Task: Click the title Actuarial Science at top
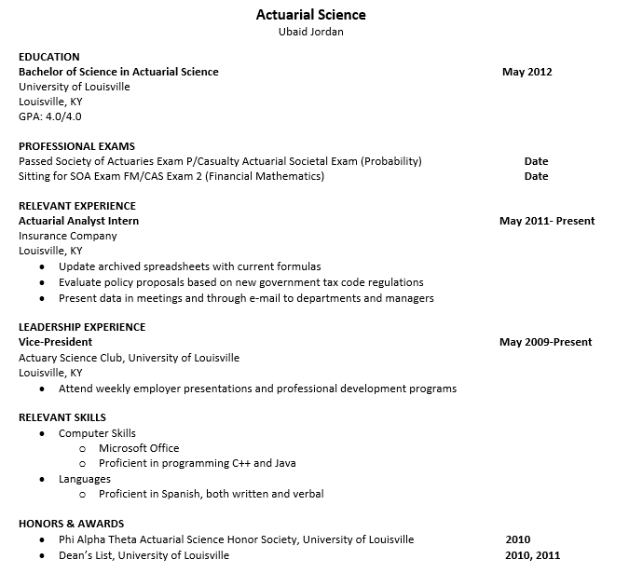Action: (310, 15)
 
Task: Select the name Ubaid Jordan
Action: (310, 32)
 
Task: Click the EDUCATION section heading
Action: (49, 57)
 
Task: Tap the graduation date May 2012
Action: (526, 72)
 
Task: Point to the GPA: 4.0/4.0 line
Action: (50, 116)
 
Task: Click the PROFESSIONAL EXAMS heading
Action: (76, 146)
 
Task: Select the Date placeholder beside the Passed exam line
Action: (536, 161)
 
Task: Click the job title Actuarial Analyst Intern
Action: (78, 221)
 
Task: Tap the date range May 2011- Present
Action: (546, 221)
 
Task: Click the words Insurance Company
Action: (68, 236)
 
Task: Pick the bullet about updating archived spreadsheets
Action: (189, 266)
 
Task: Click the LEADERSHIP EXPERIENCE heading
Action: (82, 327)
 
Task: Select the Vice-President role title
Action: (56, 342)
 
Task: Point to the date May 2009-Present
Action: (545, 342)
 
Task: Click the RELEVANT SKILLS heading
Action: (62, 417)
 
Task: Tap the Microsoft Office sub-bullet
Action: (139, 448)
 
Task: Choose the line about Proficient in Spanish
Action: (211, 494)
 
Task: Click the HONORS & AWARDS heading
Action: (71, 524)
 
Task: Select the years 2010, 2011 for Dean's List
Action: (533, 555)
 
